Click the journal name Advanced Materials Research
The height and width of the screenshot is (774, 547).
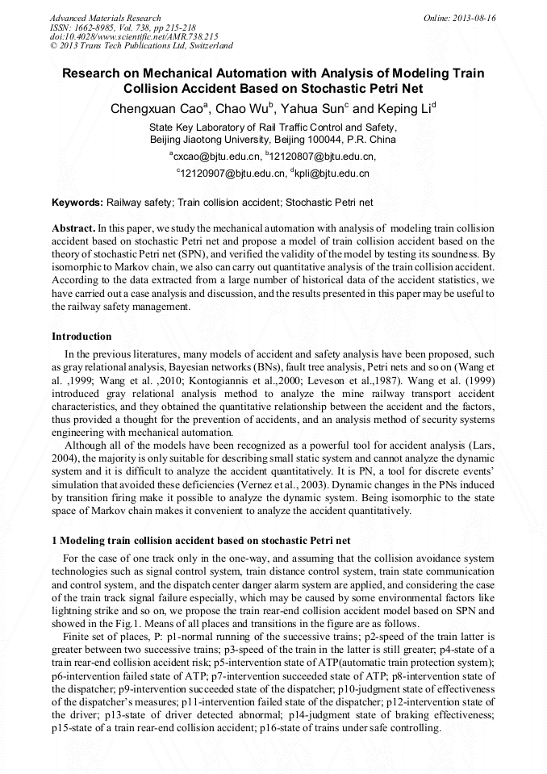tap(105, 18)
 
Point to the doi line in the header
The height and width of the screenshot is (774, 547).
tap(134, 36)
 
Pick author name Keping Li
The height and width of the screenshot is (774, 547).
tap(404, 109)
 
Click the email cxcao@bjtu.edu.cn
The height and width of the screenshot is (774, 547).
tap(216, 156)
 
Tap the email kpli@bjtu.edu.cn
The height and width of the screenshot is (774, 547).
tap(332, 173)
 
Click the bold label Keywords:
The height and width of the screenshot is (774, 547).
tap(77, 203)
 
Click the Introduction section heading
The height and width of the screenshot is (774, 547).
tap(81, 337)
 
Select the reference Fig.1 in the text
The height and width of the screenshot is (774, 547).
tap(159, 624)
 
